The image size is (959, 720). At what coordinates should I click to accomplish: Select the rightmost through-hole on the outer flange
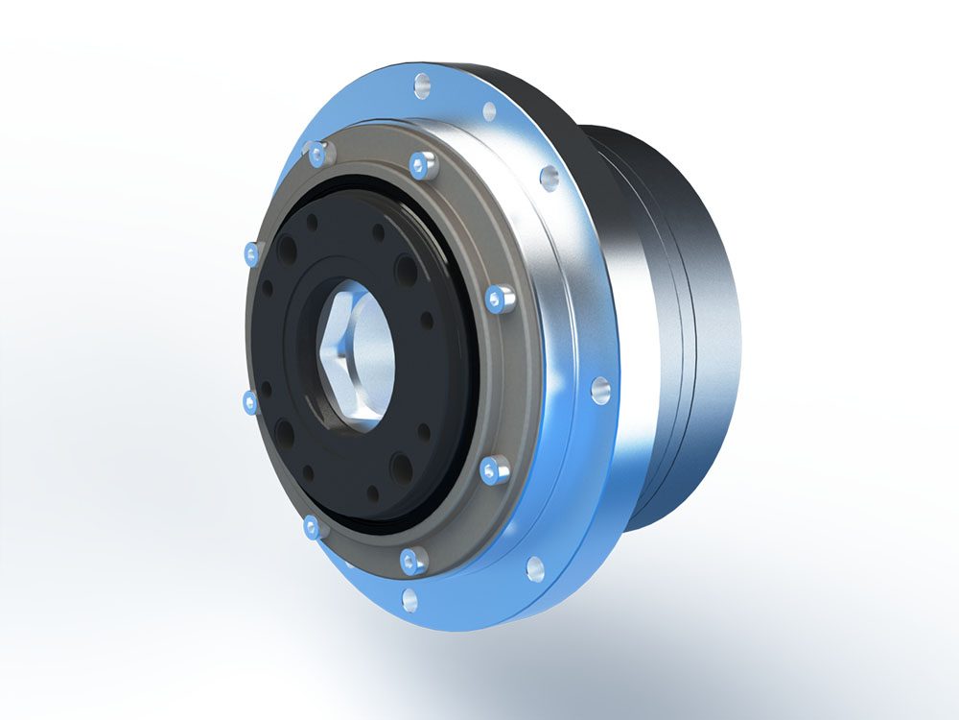(x=599, y=389)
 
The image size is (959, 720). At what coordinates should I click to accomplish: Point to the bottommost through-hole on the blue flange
(x=409, y=600)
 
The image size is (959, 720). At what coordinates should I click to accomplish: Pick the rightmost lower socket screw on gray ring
(x=494, y=469)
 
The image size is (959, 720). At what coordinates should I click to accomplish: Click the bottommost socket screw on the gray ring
(x=413, y=560)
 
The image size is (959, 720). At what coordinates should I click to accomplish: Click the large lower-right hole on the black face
(x=401, y=468)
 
